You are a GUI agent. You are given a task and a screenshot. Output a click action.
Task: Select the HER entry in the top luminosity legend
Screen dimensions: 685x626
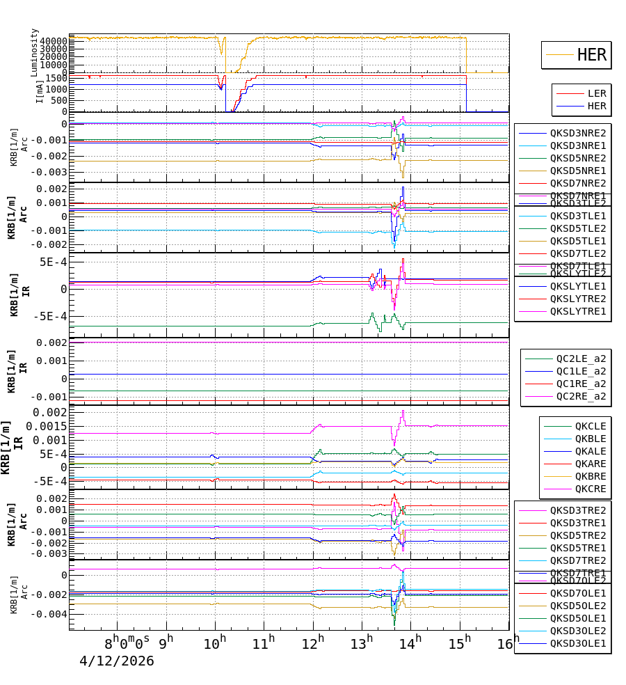click(591, 55)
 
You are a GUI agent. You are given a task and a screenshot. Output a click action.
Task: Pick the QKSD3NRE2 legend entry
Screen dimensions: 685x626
click(577, 133)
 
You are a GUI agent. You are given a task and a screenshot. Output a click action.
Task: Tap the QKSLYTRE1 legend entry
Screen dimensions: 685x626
click(577, 311)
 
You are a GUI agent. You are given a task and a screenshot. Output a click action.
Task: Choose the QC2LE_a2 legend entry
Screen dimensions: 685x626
click(580, 359)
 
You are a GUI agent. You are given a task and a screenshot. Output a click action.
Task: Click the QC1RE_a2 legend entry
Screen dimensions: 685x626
click(580, 384)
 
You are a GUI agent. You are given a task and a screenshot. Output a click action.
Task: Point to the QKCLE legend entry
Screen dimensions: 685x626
click(590, 426)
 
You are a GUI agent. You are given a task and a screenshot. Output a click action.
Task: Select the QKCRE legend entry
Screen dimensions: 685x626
click(590, 489)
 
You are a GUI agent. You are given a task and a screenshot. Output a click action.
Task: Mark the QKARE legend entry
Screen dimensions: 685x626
click(590, 464)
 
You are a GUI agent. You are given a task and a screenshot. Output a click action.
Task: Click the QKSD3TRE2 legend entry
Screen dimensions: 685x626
click(577, 510)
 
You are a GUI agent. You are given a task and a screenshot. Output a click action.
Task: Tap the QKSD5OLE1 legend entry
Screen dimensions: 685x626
click(577, 618)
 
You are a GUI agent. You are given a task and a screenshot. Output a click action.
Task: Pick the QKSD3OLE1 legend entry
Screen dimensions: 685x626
click(577, 643)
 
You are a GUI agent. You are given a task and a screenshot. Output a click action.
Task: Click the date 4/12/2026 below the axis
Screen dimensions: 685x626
click(117, 661)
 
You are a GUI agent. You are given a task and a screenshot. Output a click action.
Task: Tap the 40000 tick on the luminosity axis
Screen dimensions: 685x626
click(53, 41)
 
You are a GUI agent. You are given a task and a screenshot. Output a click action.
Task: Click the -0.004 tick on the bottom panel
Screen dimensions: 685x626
click(53, 614)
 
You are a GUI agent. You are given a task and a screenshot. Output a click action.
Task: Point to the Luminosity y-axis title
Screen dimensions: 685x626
click(34, 52)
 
